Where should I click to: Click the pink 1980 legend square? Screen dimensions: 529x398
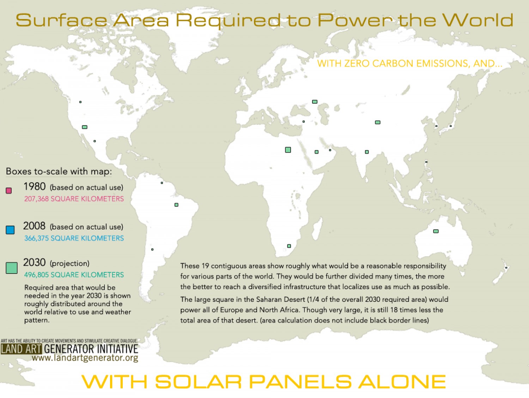pyautogui.click(x=9, y=191)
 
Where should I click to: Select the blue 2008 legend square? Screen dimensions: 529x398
pyautogui.click(x=10, y=230)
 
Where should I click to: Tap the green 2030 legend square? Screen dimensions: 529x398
pyautogui.click(x=12, y=268)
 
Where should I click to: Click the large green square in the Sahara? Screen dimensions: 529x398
pyautogui.click(x=288, y=150)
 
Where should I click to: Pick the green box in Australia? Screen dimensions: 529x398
pyautogui.click(x=436, y=231)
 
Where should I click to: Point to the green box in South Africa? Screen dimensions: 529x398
pyautogui.click(x=289, y=246)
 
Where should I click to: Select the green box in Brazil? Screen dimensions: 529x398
pyautogui.click(x=176, y=205)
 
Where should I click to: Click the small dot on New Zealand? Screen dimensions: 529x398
pyautogui.click(x=506, y=268)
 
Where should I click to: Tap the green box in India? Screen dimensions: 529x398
pyautogui.click(x=367, y=152)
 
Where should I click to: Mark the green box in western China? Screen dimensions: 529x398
pyautogui.click(x=378, y=122)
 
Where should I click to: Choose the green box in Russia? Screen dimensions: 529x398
pyautogui.click(x=315, y=102)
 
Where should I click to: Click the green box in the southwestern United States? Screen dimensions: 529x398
pyautogui.click(x=85, y=127)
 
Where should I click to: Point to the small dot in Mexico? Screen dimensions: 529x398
pyautogui.click(x=95, y=141)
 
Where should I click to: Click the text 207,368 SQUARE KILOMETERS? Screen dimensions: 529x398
pyautogui.click(x=74, y=199)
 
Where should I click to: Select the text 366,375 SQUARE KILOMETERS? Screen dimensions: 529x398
pyautogui.click(x=74, y=238)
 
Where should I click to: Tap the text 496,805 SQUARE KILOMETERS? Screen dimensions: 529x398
pyautogui.click(x=74, y=275)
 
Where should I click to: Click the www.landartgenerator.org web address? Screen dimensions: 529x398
pyautogui.click(x=85, y=358)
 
